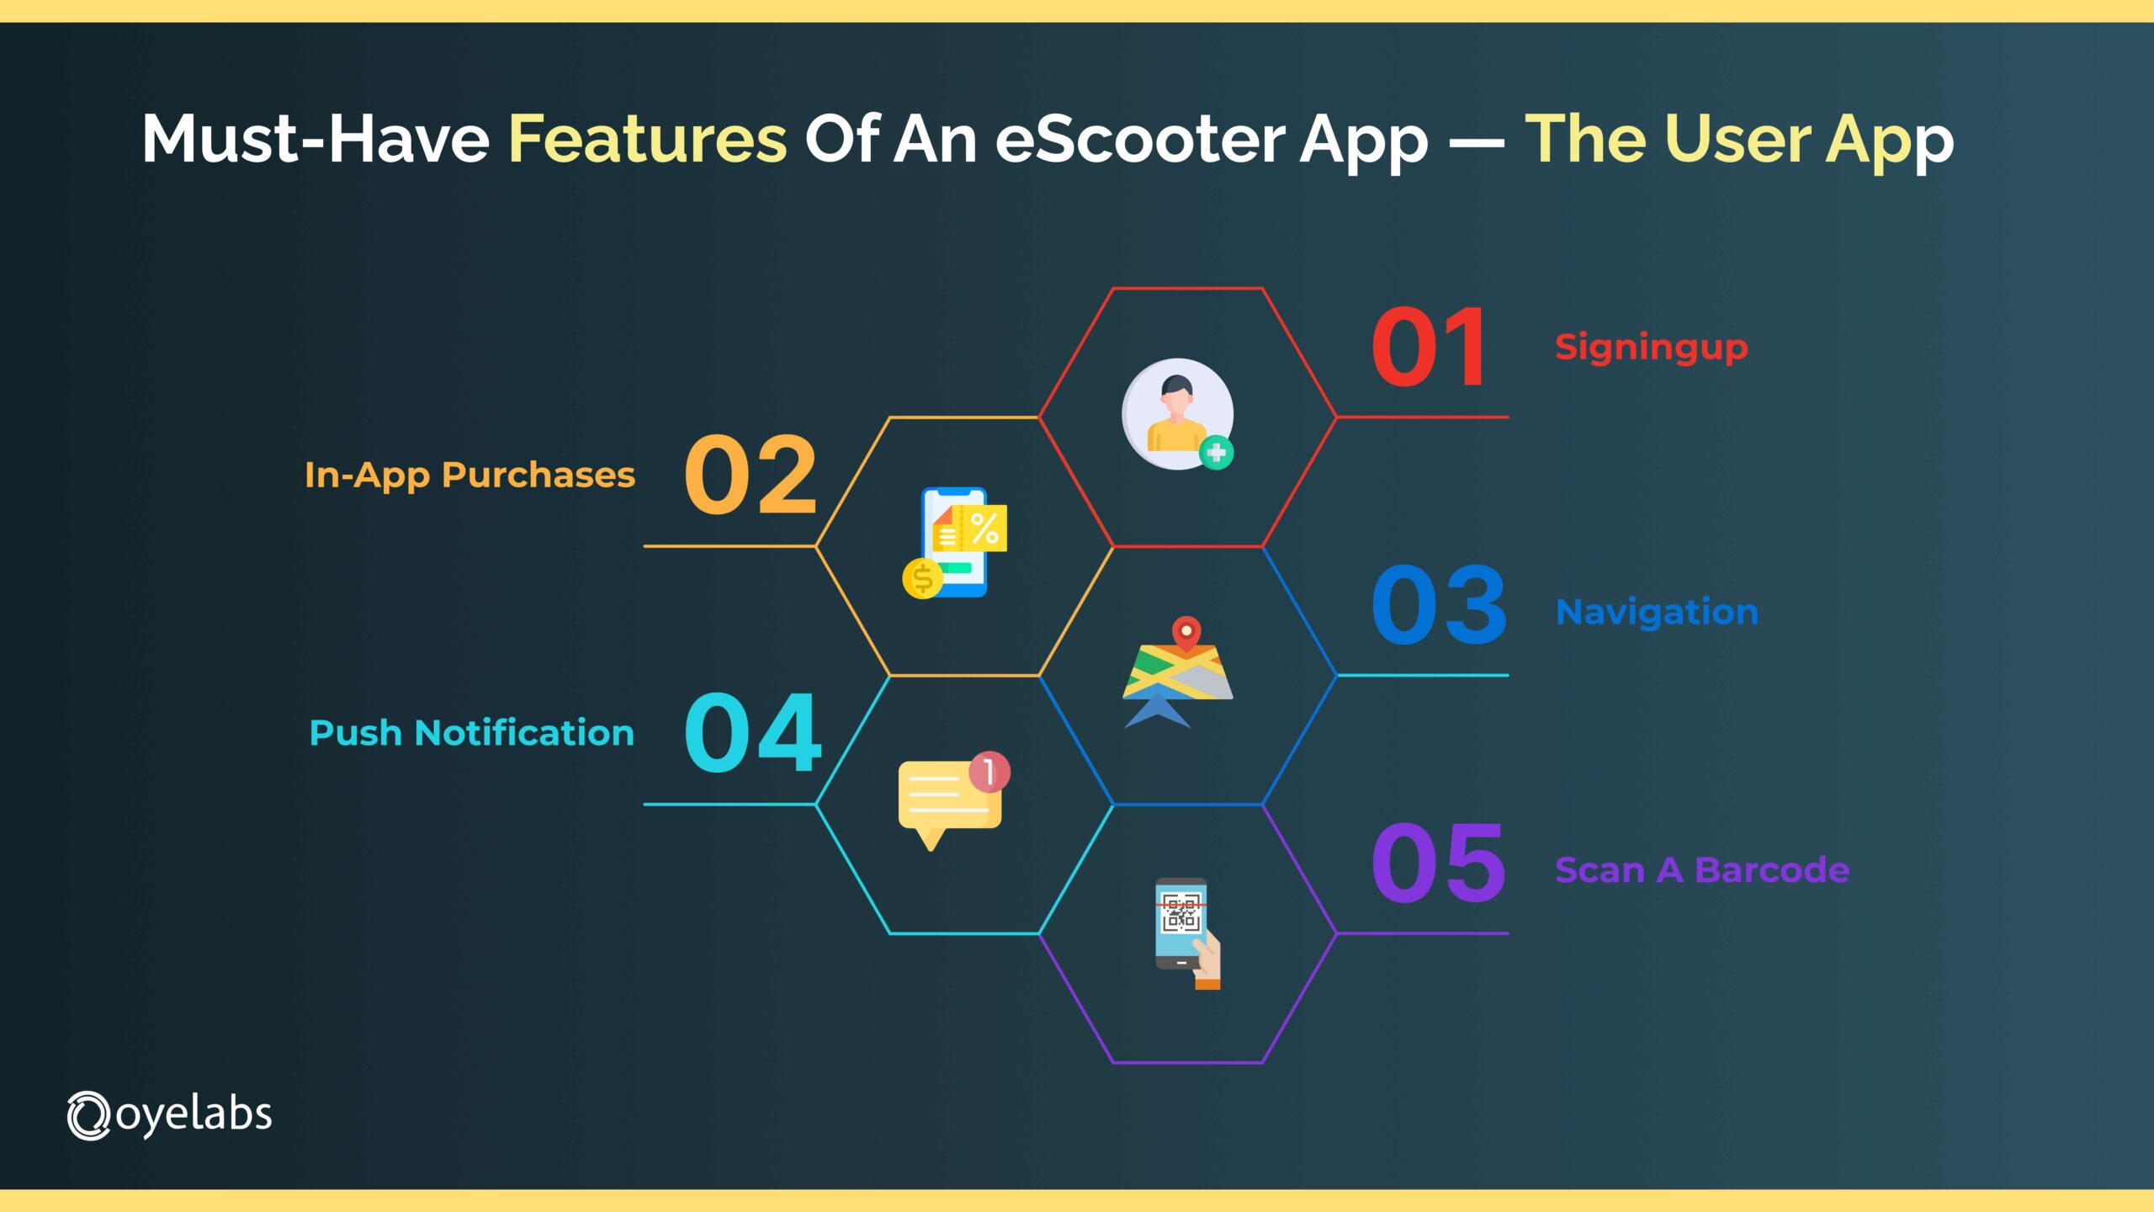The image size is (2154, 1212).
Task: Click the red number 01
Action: pos(1429,347)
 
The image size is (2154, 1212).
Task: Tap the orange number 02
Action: pos(750,476)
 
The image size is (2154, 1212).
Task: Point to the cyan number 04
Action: pos(751,733)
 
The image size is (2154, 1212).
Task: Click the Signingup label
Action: pos(1651,348)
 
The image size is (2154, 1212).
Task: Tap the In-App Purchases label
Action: pos(470,476)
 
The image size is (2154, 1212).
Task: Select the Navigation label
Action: pos(1657,612)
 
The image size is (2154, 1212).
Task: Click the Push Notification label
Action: pos(471,733)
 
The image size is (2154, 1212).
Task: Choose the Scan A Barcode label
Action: pos(1701,870)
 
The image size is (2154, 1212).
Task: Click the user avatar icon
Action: pos(1176,413)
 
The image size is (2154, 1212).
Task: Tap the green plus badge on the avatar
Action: pos(1216,453)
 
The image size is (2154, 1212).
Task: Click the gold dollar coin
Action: pos(922,579)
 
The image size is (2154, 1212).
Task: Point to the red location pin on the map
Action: pos(1186,631)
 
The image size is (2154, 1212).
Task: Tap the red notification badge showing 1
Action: pos(989,771)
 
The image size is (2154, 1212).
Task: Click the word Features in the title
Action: pos(647,139)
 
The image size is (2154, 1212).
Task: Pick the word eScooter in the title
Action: pos(1140,139)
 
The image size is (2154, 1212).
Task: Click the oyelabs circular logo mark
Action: pos(88,1116)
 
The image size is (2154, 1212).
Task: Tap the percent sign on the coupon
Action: pos(984,529)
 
